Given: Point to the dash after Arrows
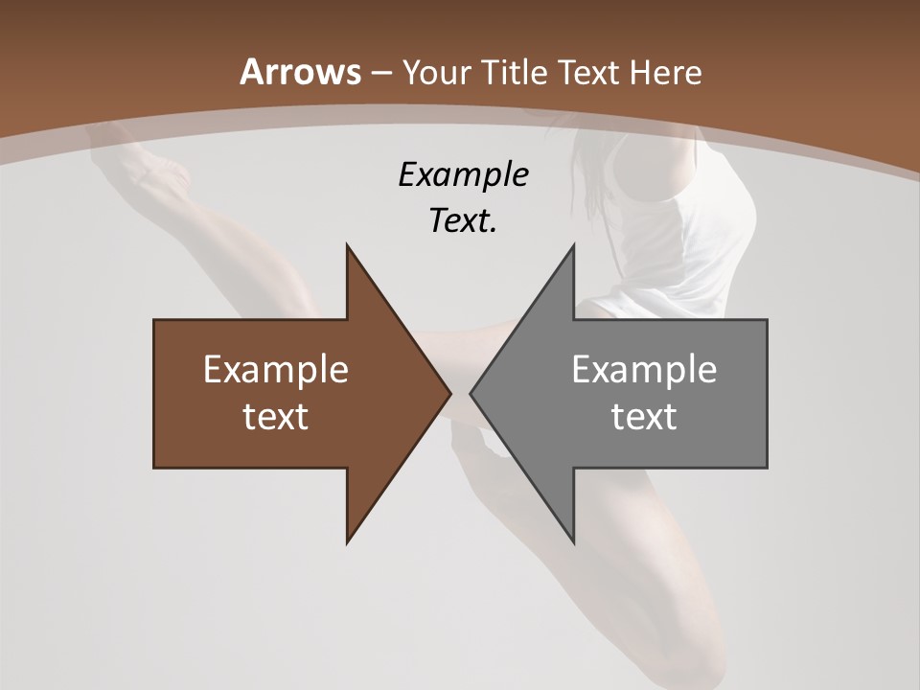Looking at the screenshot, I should coord(380,73).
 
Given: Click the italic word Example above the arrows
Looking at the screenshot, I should coord(464,175).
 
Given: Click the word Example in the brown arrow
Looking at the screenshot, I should coord(276,370).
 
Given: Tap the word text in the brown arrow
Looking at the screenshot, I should coord(276,417).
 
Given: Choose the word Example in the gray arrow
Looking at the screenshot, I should coord(644,370).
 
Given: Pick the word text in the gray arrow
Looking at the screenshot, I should coord(644,417).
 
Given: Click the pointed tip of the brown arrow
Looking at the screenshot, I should coord(449,393).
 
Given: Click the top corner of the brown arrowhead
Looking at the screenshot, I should coord(347,245).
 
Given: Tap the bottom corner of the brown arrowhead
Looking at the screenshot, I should coord(347,542).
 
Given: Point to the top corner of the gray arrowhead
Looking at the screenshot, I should coord(574,245).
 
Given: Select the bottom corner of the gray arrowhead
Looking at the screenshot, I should coord(574,542).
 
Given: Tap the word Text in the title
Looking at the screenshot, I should coord(590,72).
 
